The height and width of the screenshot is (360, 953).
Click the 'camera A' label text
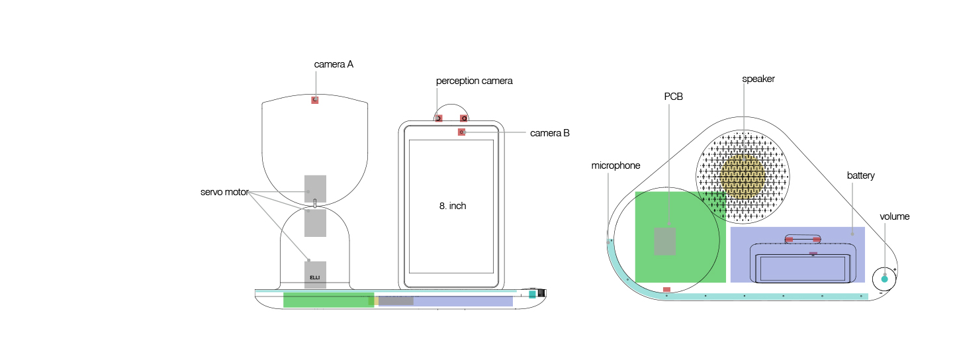click(334, 65)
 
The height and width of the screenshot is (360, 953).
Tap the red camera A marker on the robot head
click(315, 100)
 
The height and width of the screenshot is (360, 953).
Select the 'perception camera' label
click(474, 81)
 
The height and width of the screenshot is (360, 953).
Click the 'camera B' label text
click(549, 133)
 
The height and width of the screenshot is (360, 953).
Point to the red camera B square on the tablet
click(461, 132)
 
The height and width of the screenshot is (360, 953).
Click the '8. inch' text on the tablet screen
click(453, 206)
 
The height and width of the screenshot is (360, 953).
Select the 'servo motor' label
click(224, 193)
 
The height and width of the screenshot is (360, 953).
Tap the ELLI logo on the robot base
click(315, 277)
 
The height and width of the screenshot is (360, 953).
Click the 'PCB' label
click(673, 97)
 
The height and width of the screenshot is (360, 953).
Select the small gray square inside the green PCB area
click(665, 241)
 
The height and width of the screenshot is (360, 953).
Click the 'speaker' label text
click(758, 79)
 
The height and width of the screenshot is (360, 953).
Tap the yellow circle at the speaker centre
click(743, 175)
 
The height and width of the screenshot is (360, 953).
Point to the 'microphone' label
click(615, 165)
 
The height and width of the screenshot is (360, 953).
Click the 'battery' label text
click(860, 175)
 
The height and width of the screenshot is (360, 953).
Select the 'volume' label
click(894, 216)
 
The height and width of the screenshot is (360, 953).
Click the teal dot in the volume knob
click(884, 279)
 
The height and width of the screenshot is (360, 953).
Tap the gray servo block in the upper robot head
click(315, 189)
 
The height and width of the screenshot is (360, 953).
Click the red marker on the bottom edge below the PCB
click(666, 289)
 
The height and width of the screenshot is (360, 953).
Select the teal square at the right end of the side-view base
click(532, 294)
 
